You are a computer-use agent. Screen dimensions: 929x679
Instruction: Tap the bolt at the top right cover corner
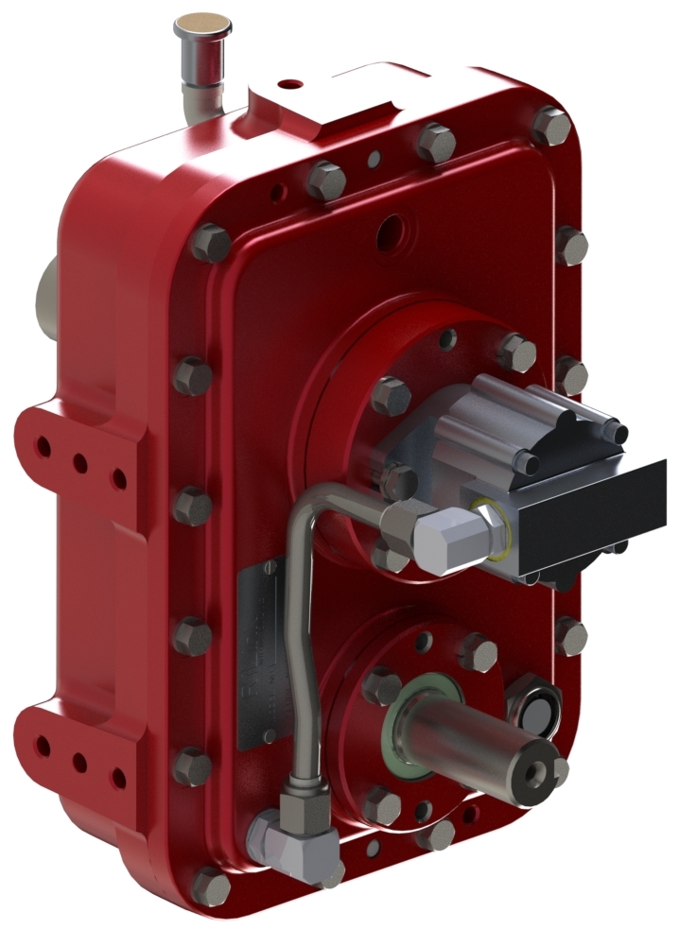click(551, 126)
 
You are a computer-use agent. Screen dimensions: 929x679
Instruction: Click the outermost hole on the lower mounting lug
click(43, 748)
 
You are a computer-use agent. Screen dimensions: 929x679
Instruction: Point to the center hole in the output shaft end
click(542, 775)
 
